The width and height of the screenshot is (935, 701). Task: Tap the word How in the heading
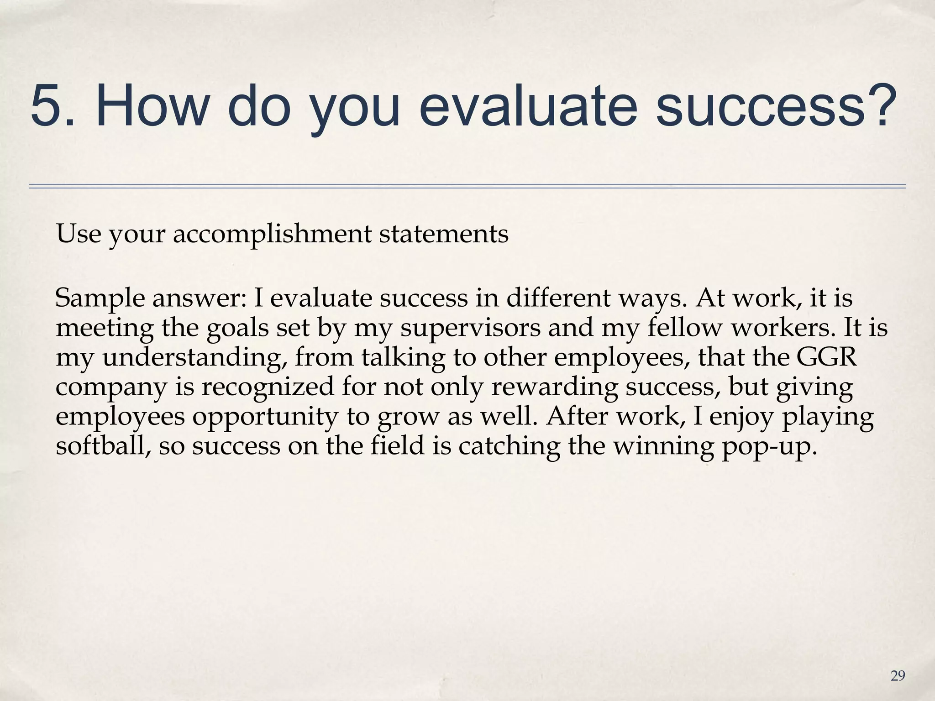(x=151, y=106)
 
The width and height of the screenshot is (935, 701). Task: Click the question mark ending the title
(x=879, y=106)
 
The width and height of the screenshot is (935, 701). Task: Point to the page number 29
(x=898, y=676)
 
